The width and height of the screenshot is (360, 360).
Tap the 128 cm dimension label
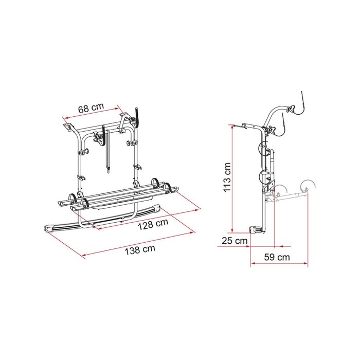coord(153,224)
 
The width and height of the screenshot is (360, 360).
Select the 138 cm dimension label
coord(140,249)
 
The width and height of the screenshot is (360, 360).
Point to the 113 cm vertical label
coord(227,177)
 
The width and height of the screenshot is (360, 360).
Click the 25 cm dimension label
coord(235,241)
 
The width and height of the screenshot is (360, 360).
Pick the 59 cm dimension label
coord(277,257)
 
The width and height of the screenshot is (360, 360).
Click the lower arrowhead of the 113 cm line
coord(232,230)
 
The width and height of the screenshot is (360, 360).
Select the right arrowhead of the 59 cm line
coord(305,263)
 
